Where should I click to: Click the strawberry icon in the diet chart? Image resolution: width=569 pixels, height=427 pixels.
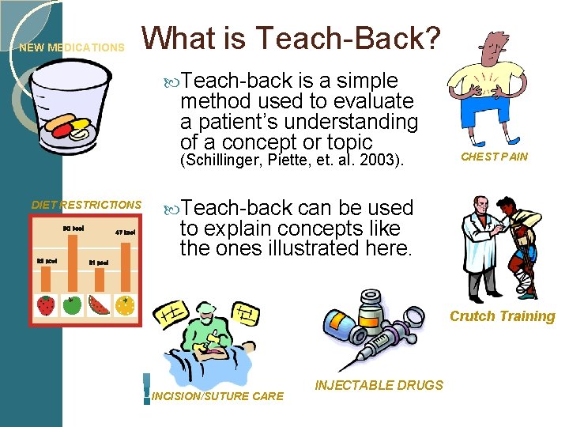(x=47, y=304)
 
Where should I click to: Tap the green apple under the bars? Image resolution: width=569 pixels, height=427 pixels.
(x=73, y=304)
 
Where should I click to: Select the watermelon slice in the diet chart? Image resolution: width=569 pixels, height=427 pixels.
(x=99, y=304)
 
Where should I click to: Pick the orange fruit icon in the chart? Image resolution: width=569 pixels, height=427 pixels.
(x=124, y=304)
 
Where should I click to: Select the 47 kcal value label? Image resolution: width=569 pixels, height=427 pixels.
(x=125, y=232)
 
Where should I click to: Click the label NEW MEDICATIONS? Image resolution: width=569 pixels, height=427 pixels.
(x=72, y=47)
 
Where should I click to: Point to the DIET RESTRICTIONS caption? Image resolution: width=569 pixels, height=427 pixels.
(x=86, y=205)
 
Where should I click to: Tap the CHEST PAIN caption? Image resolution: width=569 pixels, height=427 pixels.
(x=494, y=157)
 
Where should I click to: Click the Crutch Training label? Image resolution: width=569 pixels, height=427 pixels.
(x=503, y=316)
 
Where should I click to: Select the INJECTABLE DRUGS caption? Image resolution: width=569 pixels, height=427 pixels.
(x=379, y=385)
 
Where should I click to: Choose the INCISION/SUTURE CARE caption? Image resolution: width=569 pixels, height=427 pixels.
(x=217, y=395)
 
